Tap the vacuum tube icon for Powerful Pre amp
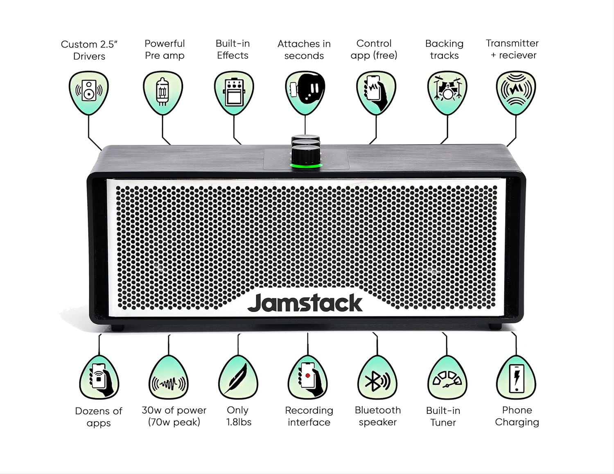coord(163,91)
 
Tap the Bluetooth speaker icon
coord(377,381)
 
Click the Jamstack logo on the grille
coord(305,303)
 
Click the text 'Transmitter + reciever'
coord(512,49)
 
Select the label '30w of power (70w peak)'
coord(174,416)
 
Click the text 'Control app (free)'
coord(374,49)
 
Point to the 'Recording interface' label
coord(309,416)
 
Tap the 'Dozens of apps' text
coord(99,417)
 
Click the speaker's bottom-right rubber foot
coord(495,327)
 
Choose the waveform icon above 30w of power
coord(168,381)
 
